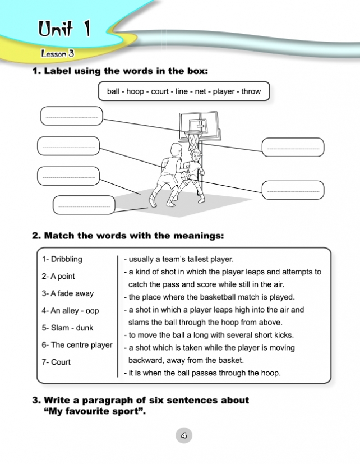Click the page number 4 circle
[184, 435]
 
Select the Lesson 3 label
[57, 54]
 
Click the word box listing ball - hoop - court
[184, 91]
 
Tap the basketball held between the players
[184, 176]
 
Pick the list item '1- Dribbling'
[62, 259]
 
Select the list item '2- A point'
[58, 276]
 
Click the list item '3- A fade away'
[68, 293]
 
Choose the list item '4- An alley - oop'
[70, 310]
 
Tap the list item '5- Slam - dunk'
[67, 328]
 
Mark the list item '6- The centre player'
[77, 345]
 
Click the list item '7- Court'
[56, 362]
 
